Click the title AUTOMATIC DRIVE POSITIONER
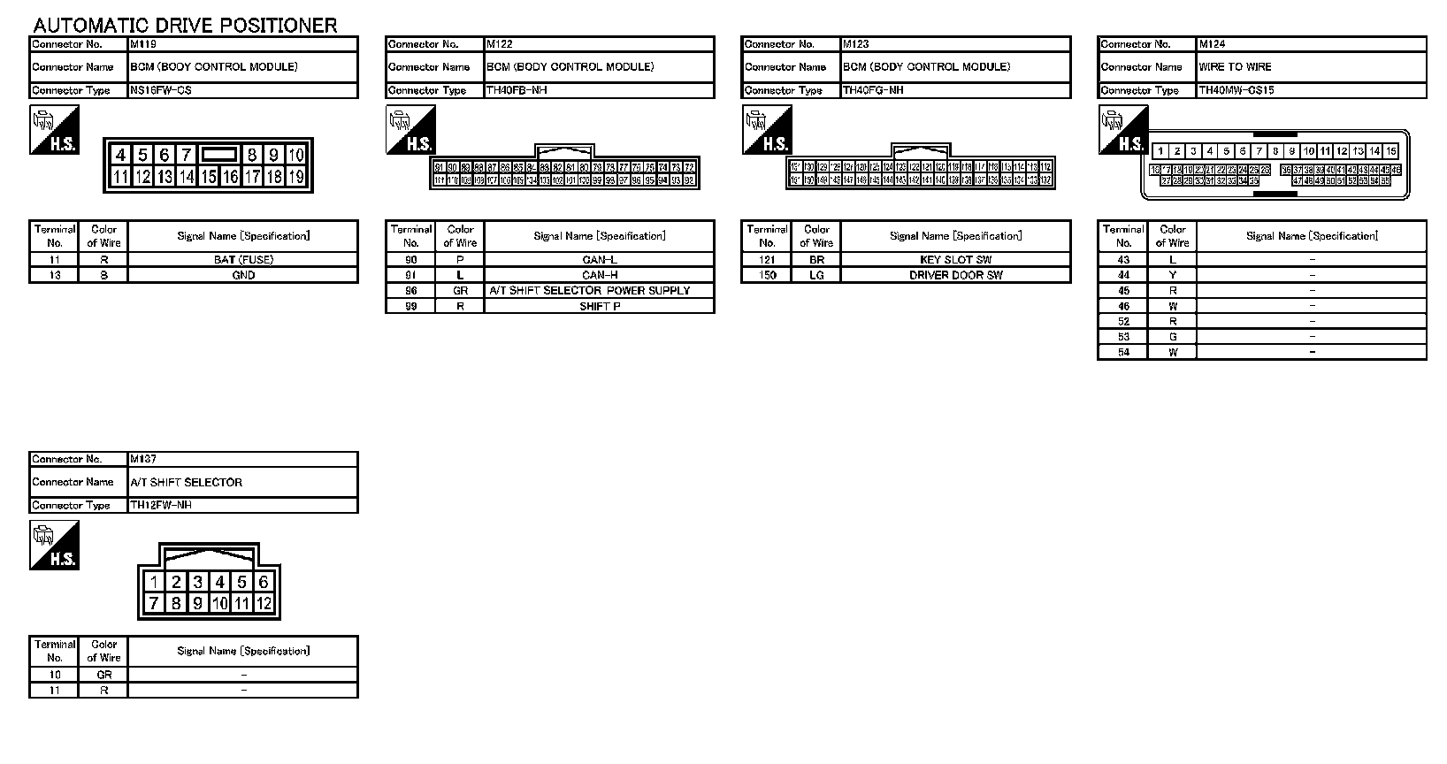[x=185, y=25]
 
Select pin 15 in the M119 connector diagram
[x=208, y=177]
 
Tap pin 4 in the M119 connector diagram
[x=121, y=156]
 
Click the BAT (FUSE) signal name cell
[x=243, y=260]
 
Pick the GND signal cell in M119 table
[x=243, y=275]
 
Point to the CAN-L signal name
[x=600, y=260]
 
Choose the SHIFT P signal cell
[x=600, y=306]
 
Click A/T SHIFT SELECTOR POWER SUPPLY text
[x=590, y=291]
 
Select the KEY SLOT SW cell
[x=955, y=260]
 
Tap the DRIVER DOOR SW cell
[x=955, y=275]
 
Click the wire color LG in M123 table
[x=816, y=275]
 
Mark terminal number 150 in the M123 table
[x=767, y=275]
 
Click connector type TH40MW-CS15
[x=1236, y=90]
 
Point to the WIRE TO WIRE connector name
[x=1235, y=67]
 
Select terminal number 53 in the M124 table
[x=1123, y=337]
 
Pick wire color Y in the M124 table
[x=1173, y=275]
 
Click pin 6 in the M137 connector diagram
[x=263, y=582]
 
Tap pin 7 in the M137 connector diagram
[x=155, y=603]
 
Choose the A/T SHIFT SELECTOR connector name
[x=186, y=483]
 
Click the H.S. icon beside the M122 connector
[x=410, y=130]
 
